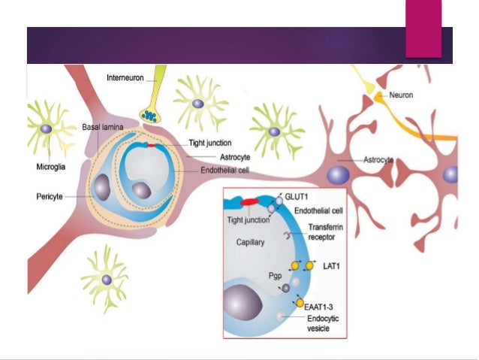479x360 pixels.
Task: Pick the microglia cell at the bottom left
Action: pyautogui.click(x=106, y=279)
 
